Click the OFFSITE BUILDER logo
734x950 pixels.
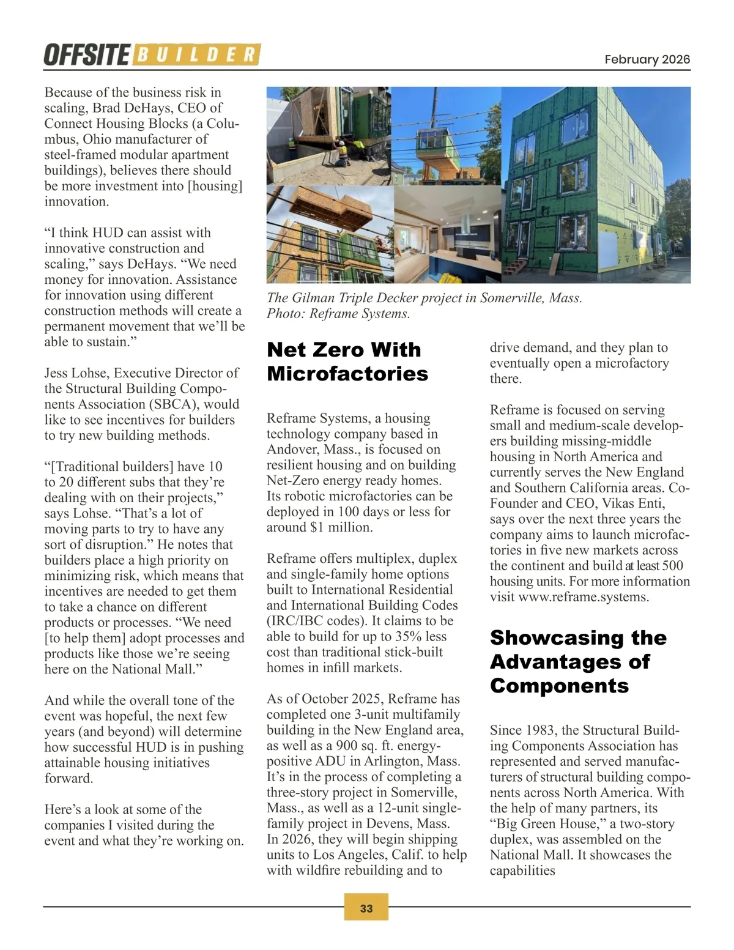[152, 55]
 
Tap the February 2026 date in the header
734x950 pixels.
[647, 59]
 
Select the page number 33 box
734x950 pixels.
[366, 908]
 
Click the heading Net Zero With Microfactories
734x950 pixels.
[347, 361]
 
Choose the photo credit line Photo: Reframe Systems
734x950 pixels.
[338, 314]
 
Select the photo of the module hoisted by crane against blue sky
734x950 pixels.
[446, 135]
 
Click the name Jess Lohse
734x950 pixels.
[76, 373]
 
